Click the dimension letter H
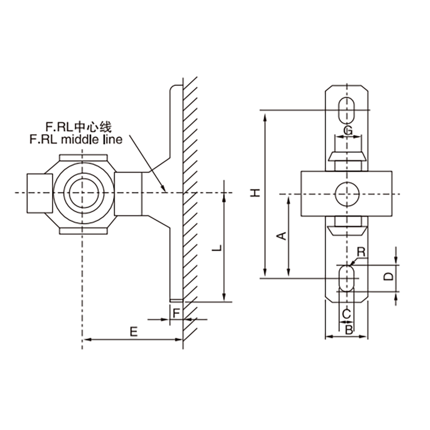257,191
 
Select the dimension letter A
279,235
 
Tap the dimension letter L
216,248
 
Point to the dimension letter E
133,331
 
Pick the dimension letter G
348,130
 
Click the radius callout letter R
361,252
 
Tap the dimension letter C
347,313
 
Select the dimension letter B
348,329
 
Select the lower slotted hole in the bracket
348,277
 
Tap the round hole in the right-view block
348,193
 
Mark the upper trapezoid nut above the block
348,158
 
